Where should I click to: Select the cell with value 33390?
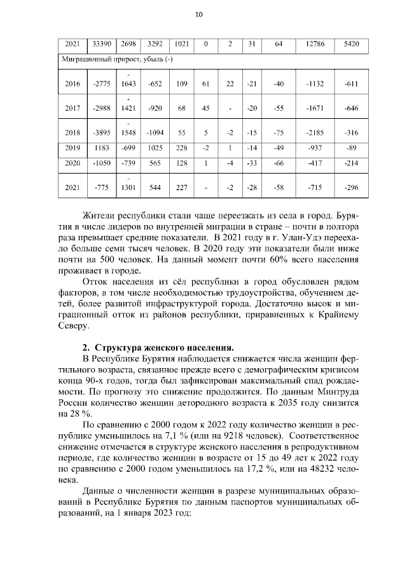102,45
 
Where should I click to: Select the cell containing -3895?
102,132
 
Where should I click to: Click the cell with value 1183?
102,148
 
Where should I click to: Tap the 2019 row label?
72,148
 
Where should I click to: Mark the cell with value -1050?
102,163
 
